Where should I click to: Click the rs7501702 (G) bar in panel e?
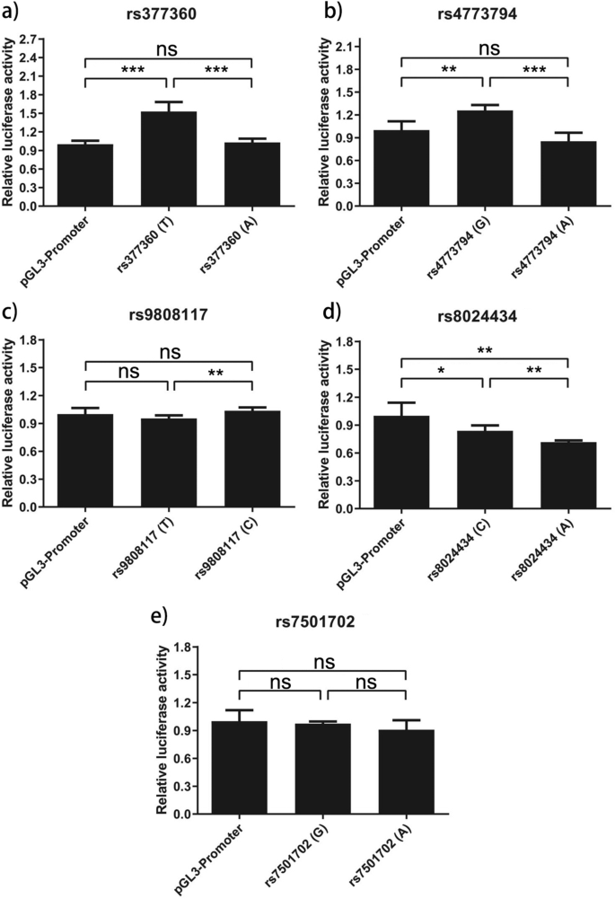pyautogui.click(x=322, y=769)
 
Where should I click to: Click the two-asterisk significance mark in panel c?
pyautogui.click(x=212, y=371)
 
